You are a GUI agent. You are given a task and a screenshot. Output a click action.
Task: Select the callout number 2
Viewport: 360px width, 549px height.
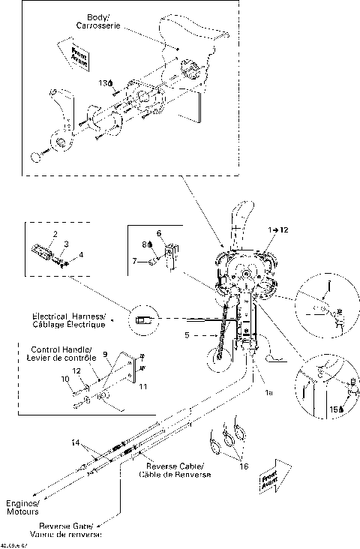(x=54, y=235)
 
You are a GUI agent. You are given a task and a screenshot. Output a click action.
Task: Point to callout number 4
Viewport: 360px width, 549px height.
(x=82, y=255)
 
